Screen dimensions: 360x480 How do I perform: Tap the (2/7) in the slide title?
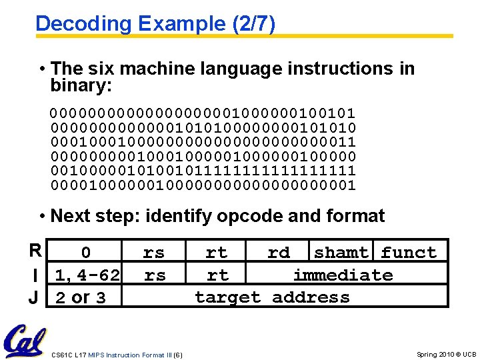[x=252, y=24]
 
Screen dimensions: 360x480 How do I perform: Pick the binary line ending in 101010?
[x=203, y=127]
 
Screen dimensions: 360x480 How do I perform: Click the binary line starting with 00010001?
[x=203, y=141]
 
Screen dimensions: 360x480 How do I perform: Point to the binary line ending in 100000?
[x=203, y=156]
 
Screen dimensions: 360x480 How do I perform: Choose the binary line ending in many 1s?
[x=203, y=171]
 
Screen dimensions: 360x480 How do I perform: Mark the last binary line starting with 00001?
[x=203, y=185]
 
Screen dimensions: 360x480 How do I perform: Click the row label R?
[x=35, y=251]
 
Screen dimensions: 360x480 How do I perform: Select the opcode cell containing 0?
[x=86, y=253]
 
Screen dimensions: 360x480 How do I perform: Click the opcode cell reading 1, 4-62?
[x=87, y=275]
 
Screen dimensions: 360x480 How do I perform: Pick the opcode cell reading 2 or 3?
[x=81, y=297]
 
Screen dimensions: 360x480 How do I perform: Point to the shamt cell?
[x=341, y=253]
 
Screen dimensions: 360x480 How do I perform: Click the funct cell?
[x=409, y=253]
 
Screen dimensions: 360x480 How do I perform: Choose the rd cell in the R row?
[x=279, y=253]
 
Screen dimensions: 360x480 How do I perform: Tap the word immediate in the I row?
[x=343, y=275]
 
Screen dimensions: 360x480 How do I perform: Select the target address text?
[x=272, y=297]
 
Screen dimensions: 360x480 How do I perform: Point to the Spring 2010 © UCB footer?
[x=446, y=354]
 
